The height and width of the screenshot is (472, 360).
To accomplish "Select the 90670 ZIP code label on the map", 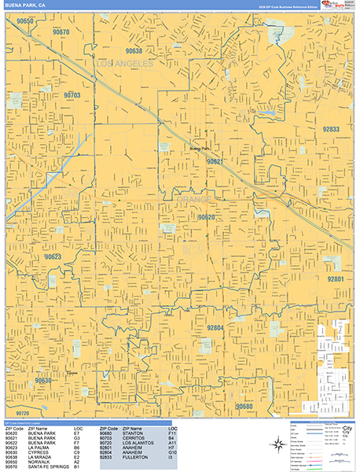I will point(61,32).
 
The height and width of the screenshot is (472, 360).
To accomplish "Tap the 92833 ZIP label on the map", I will point(331,129).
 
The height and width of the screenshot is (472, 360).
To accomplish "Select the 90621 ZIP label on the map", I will point(215,160).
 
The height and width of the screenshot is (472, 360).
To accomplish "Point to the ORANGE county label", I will point(193,201).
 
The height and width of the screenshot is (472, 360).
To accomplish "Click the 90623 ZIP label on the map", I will point(53,256).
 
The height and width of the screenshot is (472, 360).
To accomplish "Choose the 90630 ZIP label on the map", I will point(43,380).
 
